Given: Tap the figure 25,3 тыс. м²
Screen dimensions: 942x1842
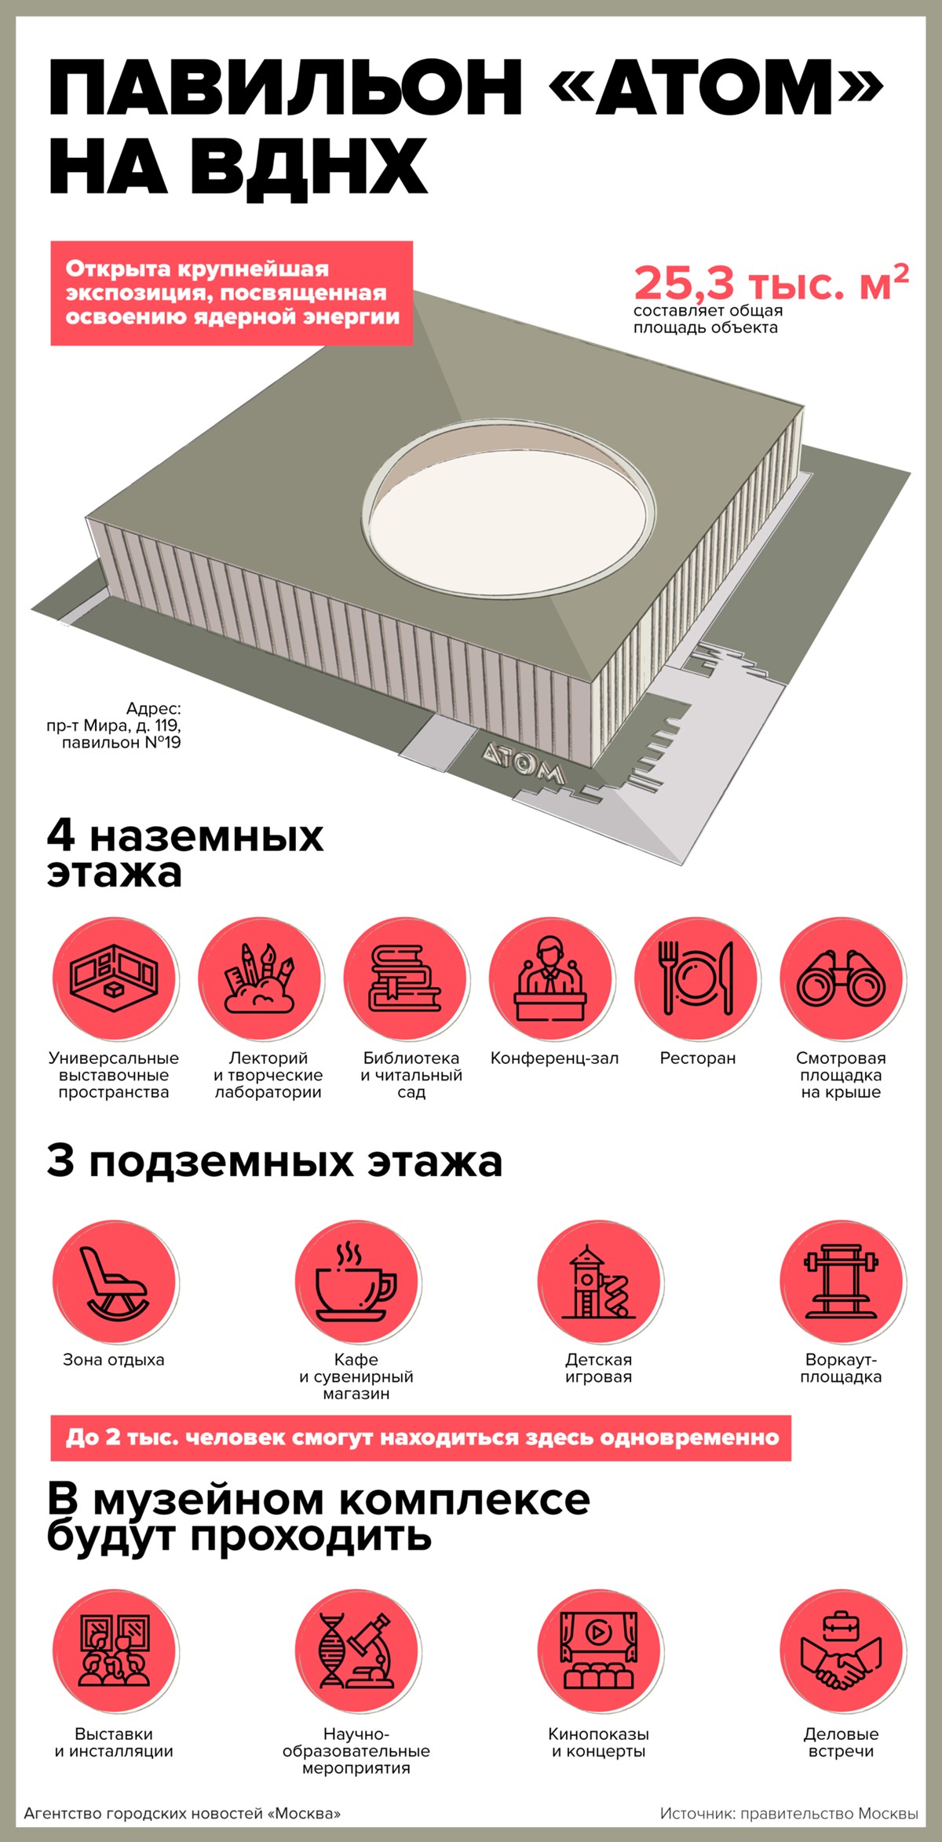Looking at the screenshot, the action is coord(772,283).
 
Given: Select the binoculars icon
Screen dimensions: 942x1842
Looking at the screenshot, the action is coord(842,980).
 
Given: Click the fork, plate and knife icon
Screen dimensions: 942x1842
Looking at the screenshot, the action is coord(697,978).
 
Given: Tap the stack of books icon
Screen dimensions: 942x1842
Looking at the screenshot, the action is coord(406,978).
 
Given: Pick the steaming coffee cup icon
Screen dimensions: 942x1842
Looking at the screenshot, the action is coord(356,1281).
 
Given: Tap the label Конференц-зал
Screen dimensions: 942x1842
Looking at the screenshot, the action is coord(554,1058).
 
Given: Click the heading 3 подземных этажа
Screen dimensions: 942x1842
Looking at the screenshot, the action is coord(274,1161).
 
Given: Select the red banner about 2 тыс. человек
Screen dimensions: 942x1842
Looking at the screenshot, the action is coord(421,1438).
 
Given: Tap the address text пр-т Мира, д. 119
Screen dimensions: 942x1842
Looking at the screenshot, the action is coord(113,725).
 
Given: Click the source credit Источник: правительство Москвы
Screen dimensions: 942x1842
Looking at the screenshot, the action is coord(789,1813).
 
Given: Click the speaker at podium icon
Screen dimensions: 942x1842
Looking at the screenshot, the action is coord(550,978).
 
